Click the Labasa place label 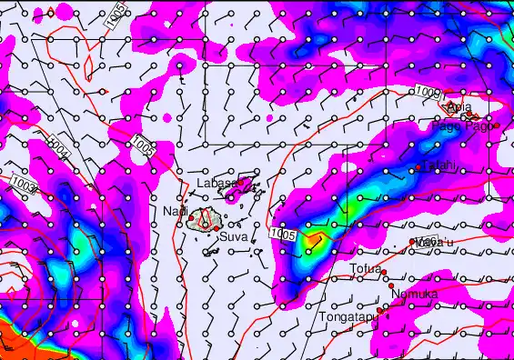pos(217,183)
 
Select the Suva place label pos(233,237)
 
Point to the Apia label pos(459,108)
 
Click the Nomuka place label pos(414,295)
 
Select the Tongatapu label pos(347,317)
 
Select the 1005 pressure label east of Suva pos(283,235)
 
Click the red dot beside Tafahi pos(418,168)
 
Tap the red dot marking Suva pos(218,228)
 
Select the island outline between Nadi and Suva pos(206,219)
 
